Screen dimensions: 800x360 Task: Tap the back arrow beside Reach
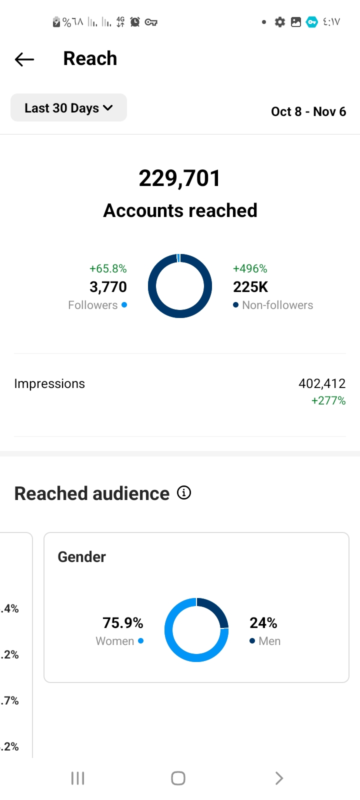pos(24,59)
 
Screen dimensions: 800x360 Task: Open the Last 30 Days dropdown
pos(68,108)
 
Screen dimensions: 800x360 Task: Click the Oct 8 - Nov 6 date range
pos(308,111)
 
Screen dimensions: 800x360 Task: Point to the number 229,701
pos(179,178)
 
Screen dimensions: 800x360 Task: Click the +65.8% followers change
pos(108,268)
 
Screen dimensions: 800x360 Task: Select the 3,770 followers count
pos(108,287)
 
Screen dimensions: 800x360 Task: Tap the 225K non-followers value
pos(250,287)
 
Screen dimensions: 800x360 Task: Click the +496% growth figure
pos(250,268)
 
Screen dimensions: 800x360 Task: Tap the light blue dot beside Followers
pos(124,304)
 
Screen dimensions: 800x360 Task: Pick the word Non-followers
pos(277,305)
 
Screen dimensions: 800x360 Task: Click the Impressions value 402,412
pos(322,383)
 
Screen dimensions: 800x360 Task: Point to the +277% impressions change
pos(328,400)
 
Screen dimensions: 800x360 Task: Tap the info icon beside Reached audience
pos(184,493)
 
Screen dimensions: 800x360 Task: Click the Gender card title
pos(82,557)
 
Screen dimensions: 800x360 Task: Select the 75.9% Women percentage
pos(123,623)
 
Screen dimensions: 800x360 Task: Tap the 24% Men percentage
pos(263,623)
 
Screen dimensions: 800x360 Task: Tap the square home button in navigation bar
pos(178,778)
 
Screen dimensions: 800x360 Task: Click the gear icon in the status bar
pos(280,22)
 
